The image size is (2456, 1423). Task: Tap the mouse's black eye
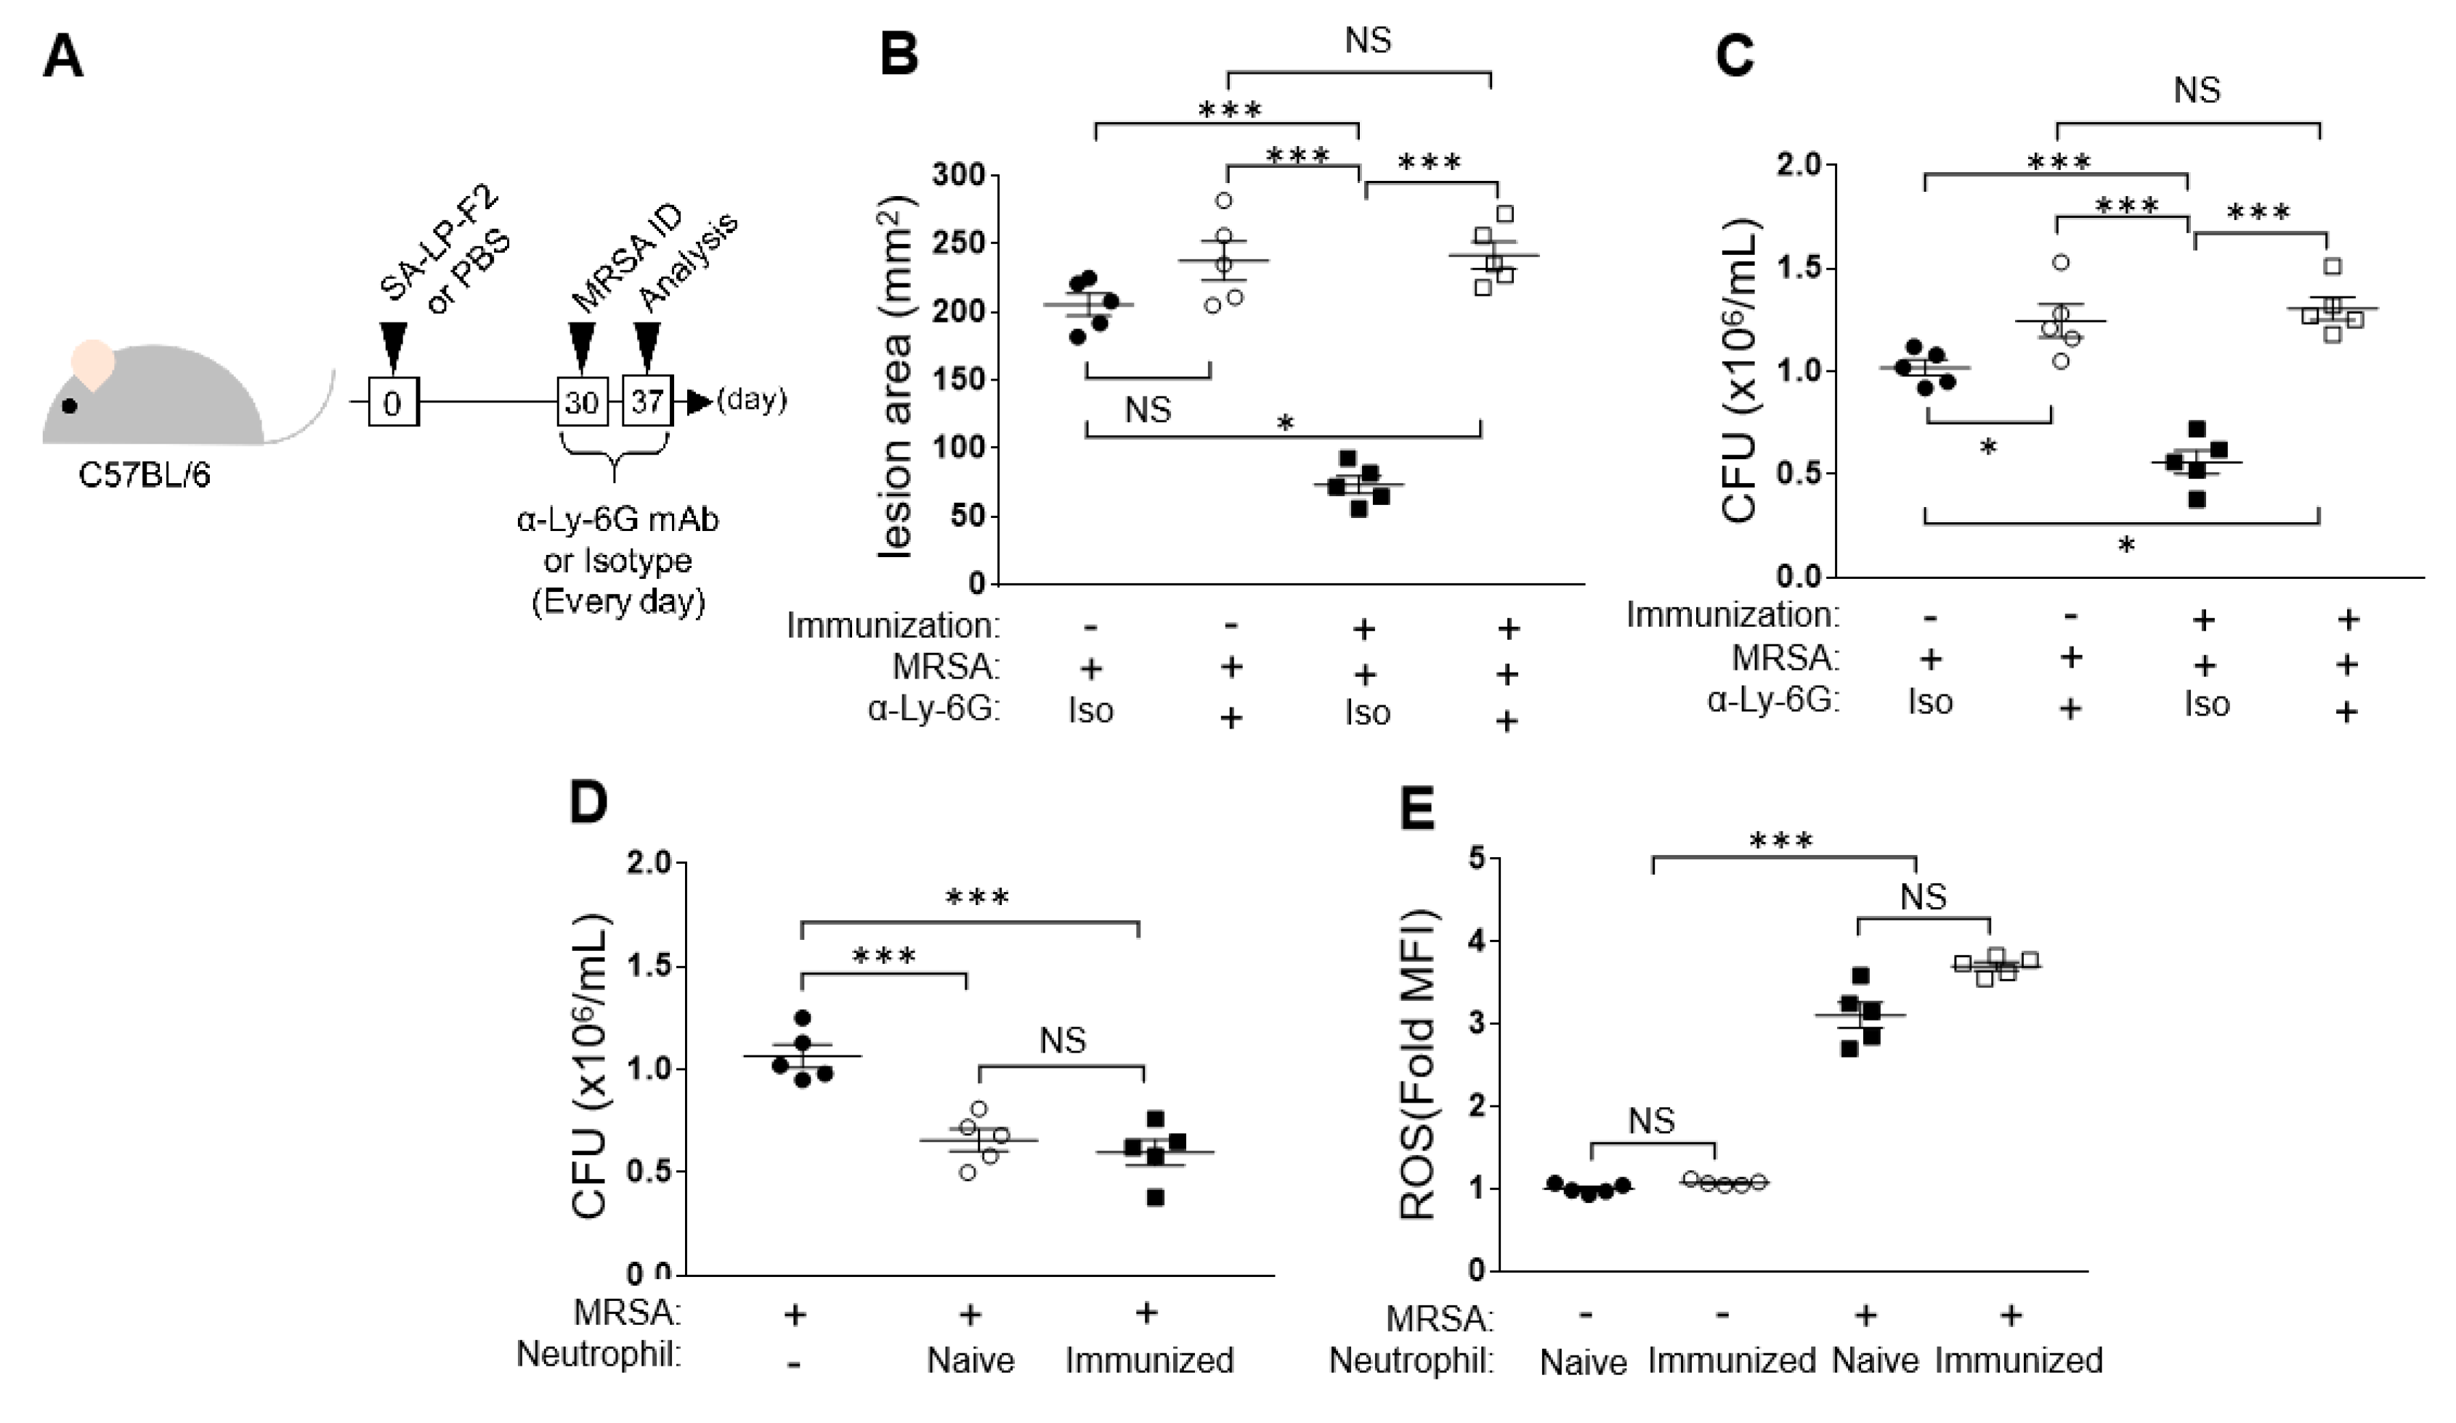pos(68,405)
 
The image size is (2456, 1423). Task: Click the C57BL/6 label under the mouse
pos(145,477)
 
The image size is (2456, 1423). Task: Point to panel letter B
pos(899,54)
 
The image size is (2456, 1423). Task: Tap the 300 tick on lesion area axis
pos(958,177)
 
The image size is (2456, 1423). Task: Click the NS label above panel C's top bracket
pos(2197,91)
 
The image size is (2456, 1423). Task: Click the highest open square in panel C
pos(2333,266)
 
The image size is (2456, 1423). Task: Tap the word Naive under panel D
pos(970,1360)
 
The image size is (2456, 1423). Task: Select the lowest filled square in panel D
pos(1155,1198)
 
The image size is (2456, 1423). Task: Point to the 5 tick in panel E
pos(1478,859)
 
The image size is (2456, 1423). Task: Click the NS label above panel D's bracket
pos(1062,1041)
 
